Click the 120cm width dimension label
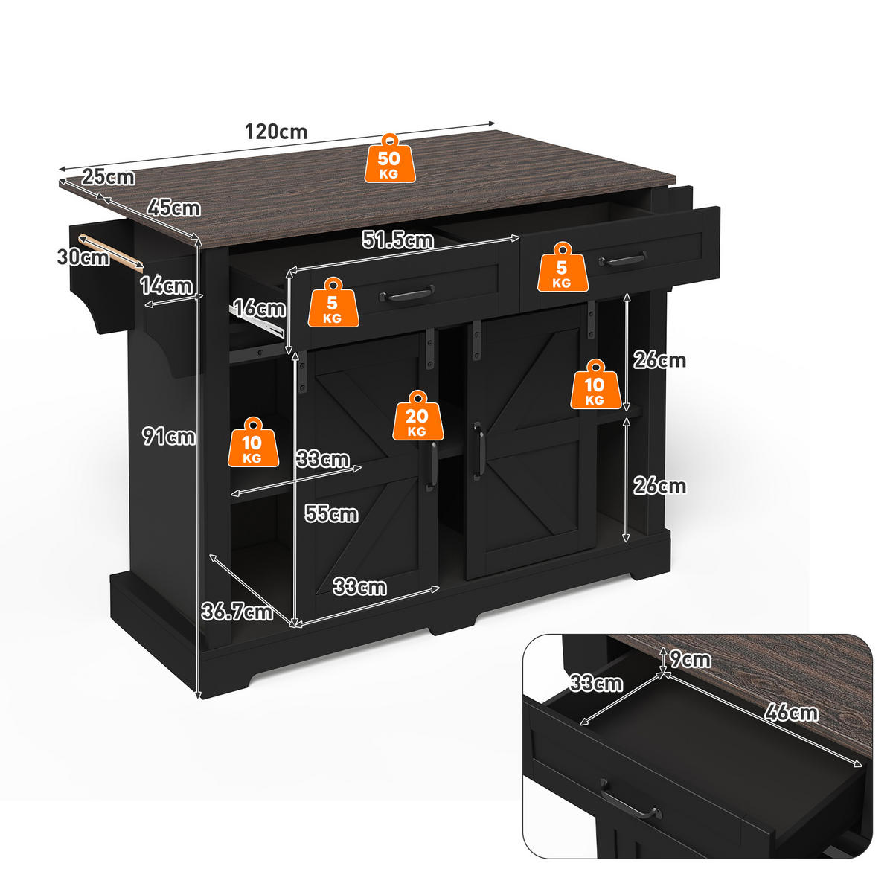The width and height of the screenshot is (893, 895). pyautogui.click(x=276, y=132)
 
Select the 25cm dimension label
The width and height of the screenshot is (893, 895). pyautogui.click(x=108, y=177)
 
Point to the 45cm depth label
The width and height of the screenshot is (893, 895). pyautogui.click(x=174, y=208)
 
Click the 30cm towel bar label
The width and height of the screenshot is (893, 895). pyautogui.click(x=83, y=257)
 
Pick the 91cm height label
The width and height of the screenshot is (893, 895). pyautogui.click(x=169, y=437)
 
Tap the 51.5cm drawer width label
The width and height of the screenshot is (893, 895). pyautogui.click(x=398, y=240)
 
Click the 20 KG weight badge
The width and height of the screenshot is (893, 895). pyautogui.click(x=417, y=416)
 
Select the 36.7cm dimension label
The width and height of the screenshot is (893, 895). pyautogui.click(x=237, y=612)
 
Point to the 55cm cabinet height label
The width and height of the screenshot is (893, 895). pyautogui.click(x=331, y=513)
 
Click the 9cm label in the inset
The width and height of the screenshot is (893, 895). pyautogui.click(x=691, y=659)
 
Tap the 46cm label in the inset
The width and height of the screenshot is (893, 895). pyautogui.click(x=792, y=713)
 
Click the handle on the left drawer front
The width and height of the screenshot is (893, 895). pyautogui.click(x=407, y=294)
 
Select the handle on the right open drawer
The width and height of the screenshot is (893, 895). pyautogui.click(x=622, y=259)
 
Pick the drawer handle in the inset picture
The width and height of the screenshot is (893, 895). pyautogui.click(x=631, y=799)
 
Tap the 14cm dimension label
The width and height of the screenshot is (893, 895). pyautogui.click(x=166, y=285)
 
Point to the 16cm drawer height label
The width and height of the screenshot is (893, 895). pyautogui.click(x=259, y=308)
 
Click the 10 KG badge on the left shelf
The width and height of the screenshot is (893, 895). pyautogui.click(x=253, y=442)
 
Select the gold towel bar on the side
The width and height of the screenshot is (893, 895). pyautogui.click(x=111, y=253)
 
